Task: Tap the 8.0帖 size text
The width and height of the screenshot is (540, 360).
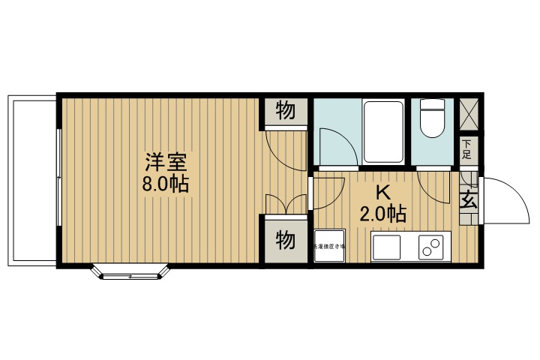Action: pos(166,184)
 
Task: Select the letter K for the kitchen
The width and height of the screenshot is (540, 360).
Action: pos(382,192)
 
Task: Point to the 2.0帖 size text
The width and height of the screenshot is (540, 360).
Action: pos(382,214)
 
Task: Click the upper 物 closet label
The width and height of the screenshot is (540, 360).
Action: pos(285,112)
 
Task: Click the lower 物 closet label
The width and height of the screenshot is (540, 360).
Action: pos(285,240)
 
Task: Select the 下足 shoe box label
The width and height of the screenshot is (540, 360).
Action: pos(466,150)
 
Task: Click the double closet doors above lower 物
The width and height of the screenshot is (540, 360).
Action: pos(286,202)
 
